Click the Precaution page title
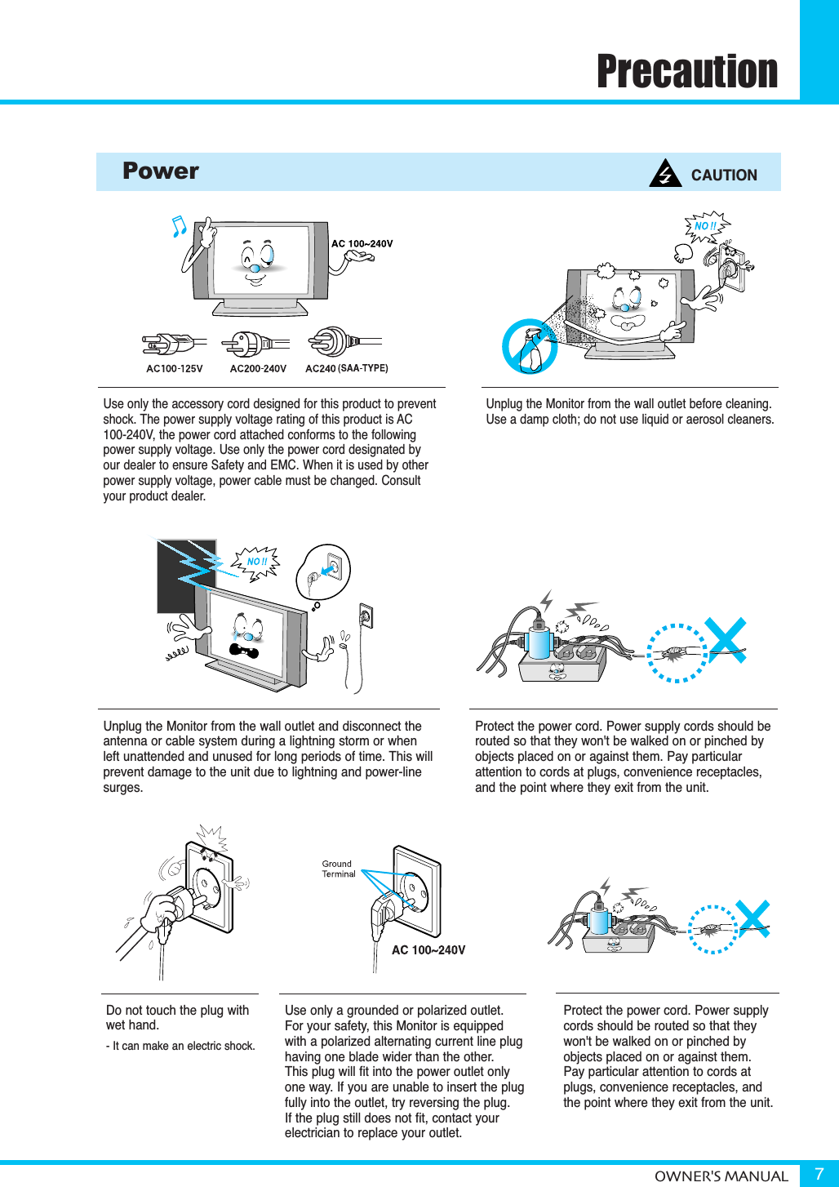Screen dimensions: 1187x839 coord(687,71)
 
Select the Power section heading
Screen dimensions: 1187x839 coord(161,171)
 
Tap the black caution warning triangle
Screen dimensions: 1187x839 coord(665,174)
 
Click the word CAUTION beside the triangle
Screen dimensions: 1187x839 coord(724,175)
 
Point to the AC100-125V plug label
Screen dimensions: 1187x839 coord(175,369)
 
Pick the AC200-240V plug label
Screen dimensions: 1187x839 coord(258,369)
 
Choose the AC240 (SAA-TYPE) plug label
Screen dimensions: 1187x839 coord(346,369)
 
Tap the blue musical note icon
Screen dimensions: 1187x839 coord(179,226)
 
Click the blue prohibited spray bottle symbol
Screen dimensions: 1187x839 coord(530,347)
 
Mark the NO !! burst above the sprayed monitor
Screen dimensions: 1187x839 coord(706,226)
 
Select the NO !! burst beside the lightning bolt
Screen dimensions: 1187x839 coord(257,562)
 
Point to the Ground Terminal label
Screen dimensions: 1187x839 coord(338,869)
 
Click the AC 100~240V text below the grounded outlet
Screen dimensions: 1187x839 coord(428,950)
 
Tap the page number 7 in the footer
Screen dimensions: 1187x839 coord(819,1174)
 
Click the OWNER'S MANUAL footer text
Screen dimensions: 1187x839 coord(721,1176)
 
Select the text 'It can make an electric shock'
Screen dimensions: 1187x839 coord(183,1046)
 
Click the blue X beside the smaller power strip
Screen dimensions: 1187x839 coord(753,918)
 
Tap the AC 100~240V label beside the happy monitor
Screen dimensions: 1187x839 coord(362,243)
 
